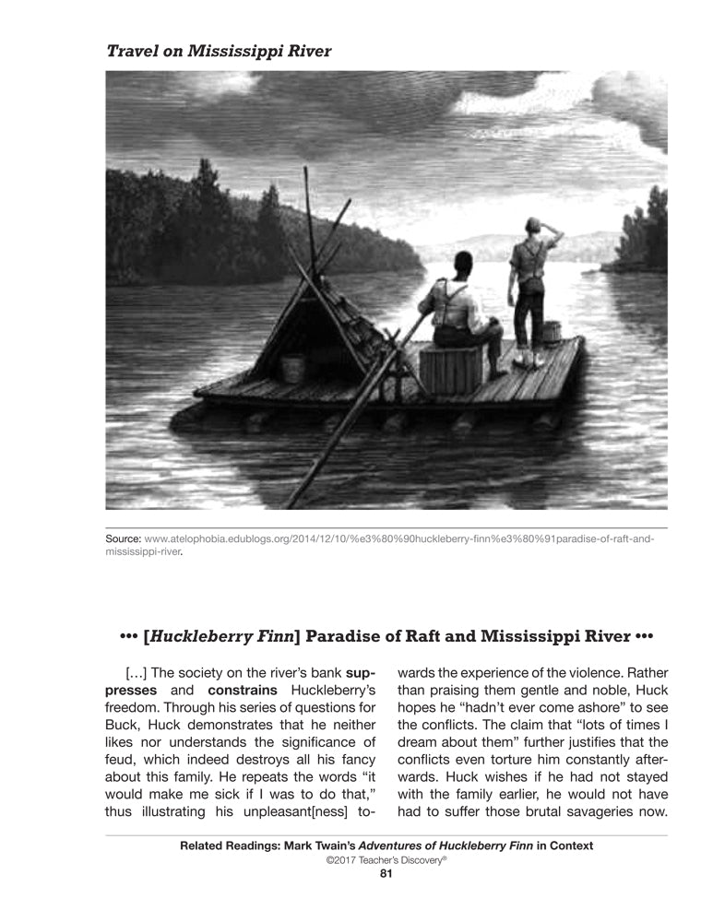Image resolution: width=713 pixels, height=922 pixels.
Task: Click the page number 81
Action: pos(386,875)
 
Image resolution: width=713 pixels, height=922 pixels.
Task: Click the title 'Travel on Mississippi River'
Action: pos(219,51)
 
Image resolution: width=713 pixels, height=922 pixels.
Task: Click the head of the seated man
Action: pos(463,262)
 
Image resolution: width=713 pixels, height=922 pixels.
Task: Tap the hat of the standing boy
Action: pos(531,224)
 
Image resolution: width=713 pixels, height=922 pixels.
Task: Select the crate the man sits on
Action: pos(451,368)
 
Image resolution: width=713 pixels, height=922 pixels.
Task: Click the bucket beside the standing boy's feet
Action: pos(553,332)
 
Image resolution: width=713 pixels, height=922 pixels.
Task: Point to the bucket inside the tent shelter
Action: pos(293,368)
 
